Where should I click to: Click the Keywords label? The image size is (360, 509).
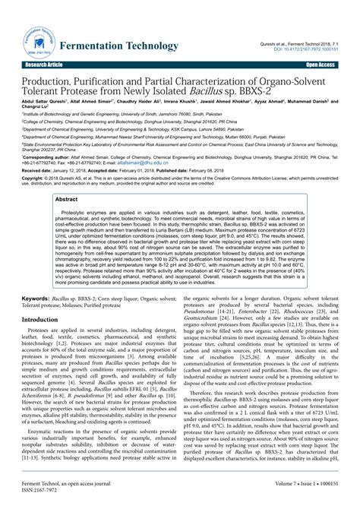pyautogui.click(x=42, y=302)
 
